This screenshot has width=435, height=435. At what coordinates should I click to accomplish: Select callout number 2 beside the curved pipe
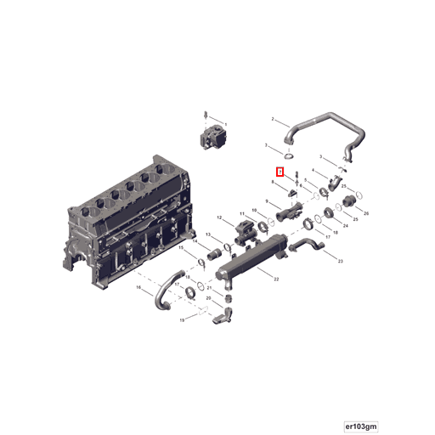(x=273, y=119)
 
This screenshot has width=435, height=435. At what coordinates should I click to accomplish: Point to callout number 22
(x=274, y=279)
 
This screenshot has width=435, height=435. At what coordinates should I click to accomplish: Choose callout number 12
(x=219, y=219)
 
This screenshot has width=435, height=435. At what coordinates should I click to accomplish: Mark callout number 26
(x=366, y=214)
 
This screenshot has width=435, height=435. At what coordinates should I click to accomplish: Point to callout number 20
(x=209, y=297)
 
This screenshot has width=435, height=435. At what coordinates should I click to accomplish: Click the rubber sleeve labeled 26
(x=352, y=202)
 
